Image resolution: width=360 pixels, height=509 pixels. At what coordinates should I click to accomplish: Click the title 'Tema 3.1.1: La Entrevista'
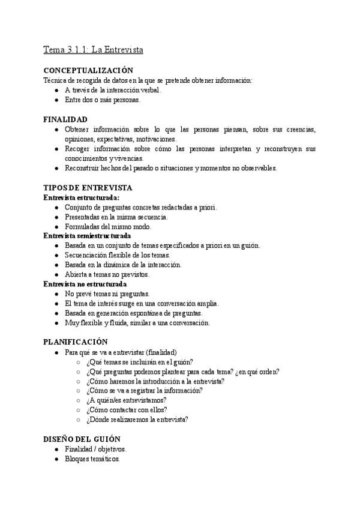[93, 49]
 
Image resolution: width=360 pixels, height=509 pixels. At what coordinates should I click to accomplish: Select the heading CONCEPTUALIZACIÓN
[88, 71]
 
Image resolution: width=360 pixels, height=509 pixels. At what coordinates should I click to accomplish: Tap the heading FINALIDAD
[65, 119]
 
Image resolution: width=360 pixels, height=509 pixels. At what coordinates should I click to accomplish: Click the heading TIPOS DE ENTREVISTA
[88, 188]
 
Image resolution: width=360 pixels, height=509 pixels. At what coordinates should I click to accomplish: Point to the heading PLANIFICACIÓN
[76, 342]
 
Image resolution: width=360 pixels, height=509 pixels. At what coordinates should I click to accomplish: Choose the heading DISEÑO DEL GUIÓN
[82, 439]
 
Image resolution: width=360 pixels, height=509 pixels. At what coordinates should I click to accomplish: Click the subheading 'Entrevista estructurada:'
[82, 197]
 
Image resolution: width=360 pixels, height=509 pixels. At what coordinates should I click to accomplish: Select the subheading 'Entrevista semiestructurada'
[87, 236]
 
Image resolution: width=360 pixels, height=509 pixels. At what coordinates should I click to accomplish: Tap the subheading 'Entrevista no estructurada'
[85, 284]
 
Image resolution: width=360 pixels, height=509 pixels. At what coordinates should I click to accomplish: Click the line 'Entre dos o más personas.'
[103, 100]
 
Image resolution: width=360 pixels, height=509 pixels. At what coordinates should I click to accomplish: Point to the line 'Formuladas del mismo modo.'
[108, 226]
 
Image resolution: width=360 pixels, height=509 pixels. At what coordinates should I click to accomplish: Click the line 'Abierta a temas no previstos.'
[107, 274]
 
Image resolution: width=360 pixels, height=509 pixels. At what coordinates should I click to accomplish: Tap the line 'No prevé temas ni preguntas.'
[107, 294]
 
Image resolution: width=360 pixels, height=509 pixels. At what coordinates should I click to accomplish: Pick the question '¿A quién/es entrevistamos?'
[126, 400]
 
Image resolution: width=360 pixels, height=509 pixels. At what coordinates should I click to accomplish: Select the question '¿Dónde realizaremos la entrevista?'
[137, 420]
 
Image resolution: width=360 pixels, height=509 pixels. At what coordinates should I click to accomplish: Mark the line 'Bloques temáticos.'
[92, 459]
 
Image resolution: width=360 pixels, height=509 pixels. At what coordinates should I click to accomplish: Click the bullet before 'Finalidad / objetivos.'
[56, 449]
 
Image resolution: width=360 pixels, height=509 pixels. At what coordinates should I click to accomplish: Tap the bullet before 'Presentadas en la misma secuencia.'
[56, 217]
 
